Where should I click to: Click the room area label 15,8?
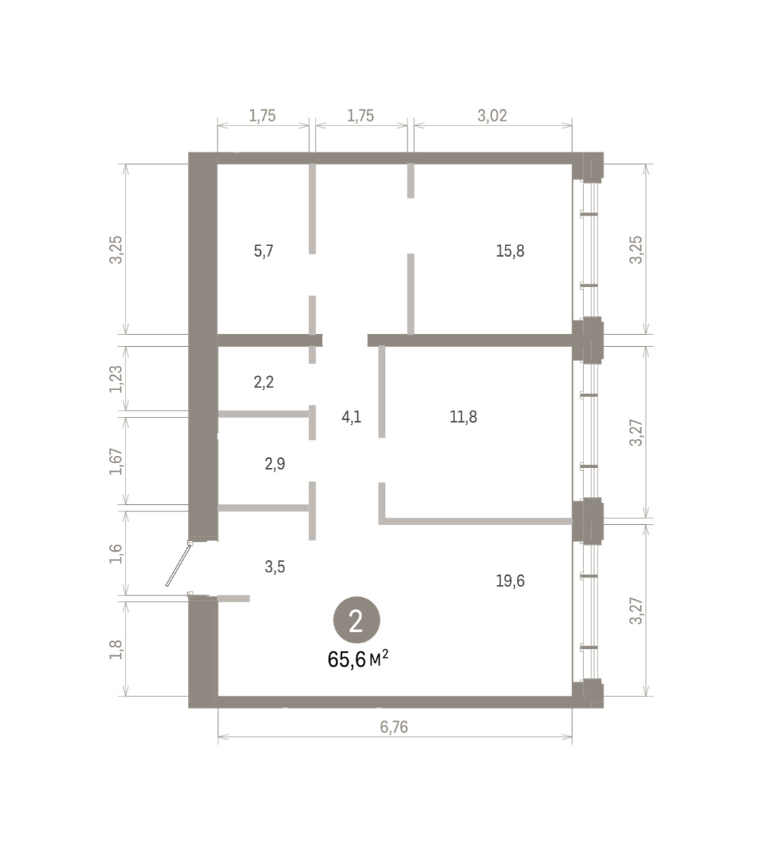[x=510, y=251]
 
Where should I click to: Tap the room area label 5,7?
[x=264, y=251]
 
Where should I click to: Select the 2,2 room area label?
[x=264, y=382]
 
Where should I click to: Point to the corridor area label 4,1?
[x=352, y=417]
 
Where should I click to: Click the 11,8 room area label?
[x=463, y=417]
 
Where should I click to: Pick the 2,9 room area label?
[x=275, y=464]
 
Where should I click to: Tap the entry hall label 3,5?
[x=275, y=567]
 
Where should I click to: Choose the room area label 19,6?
[x=510, y=581]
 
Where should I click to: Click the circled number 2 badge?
[x=357, y=620]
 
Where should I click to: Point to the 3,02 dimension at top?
[x=492, y=116]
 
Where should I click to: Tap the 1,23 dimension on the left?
[x=116, y=379]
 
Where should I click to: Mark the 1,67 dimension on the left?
[x=116, y=462]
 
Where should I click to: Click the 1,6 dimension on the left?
[x=116, y=554]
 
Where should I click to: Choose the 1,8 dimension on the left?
[x=116, y=650]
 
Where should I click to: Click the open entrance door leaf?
[x=179, y=564]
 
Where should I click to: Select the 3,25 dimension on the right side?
[x=636, y=250]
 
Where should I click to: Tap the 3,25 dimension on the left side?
[x=116, y=250]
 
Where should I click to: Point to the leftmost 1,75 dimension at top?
[x=262, y=116]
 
